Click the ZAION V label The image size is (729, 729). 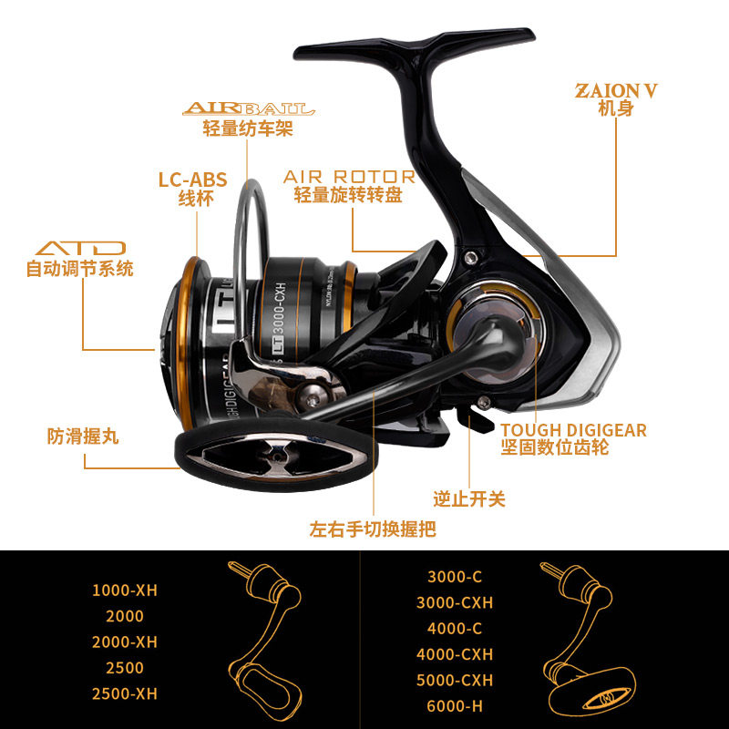(616, 91)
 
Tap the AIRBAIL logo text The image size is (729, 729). (248, 109)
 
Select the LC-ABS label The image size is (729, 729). (193, 180)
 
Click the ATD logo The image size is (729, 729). (80, 248)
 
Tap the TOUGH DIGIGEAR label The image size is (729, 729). (573, 430)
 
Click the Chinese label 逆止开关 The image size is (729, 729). (469, 498)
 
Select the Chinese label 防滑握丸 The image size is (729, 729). (83, 437)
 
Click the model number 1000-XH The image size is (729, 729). (125, 590)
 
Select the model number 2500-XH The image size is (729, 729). (125, 693)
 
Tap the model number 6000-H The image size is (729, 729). (454, 706)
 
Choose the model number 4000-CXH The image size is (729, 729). (454, 654)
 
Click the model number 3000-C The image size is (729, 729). (454, 577)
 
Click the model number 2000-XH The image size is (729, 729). (125, 642)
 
